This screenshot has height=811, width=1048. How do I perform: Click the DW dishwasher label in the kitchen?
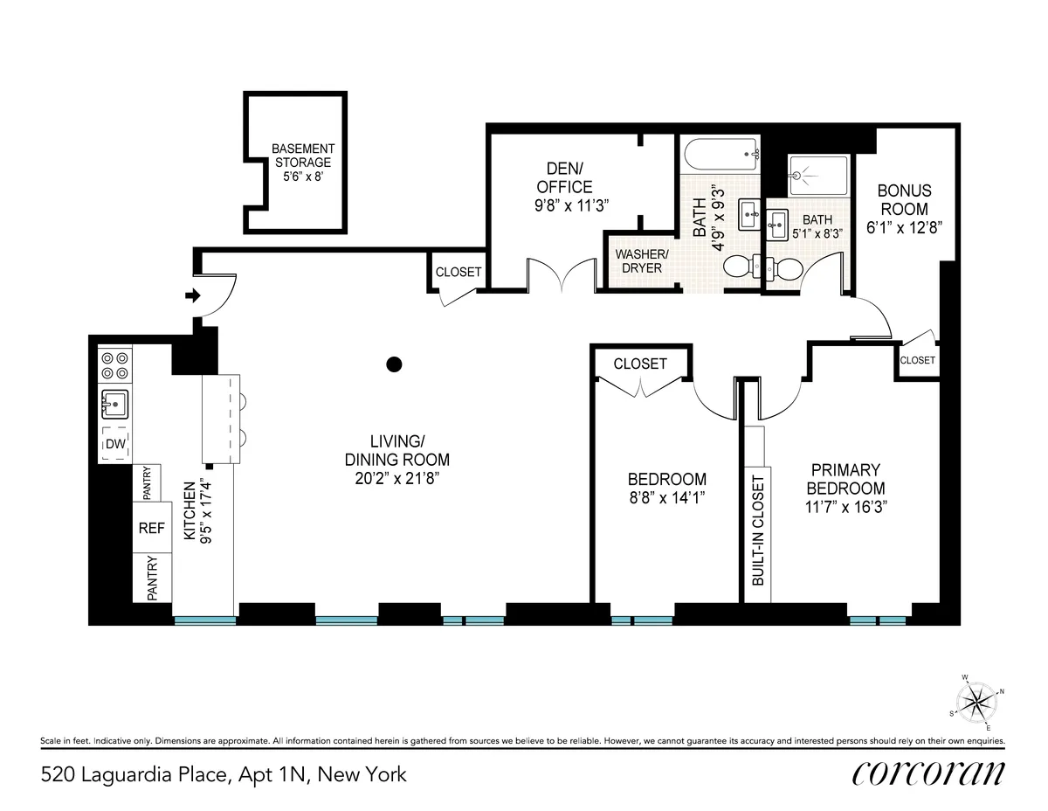pos(114,446)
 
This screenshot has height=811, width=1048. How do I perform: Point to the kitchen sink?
pos(115,405)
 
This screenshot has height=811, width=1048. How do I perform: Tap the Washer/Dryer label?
pos(641,260)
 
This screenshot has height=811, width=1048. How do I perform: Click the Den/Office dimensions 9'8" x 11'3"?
pos(569,204)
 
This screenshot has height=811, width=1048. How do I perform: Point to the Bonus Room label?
pos(904,200)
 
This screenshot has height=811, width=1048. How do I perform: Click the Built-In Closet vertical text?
pos(758,530)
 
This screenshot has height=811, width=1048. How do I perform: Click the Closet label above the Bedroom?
pos(640,364)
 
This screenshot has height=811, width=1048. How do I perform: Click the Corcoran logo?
pos(927,773)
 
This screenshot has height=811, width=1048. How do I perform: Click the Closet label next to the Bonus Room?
pos(917,360)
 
